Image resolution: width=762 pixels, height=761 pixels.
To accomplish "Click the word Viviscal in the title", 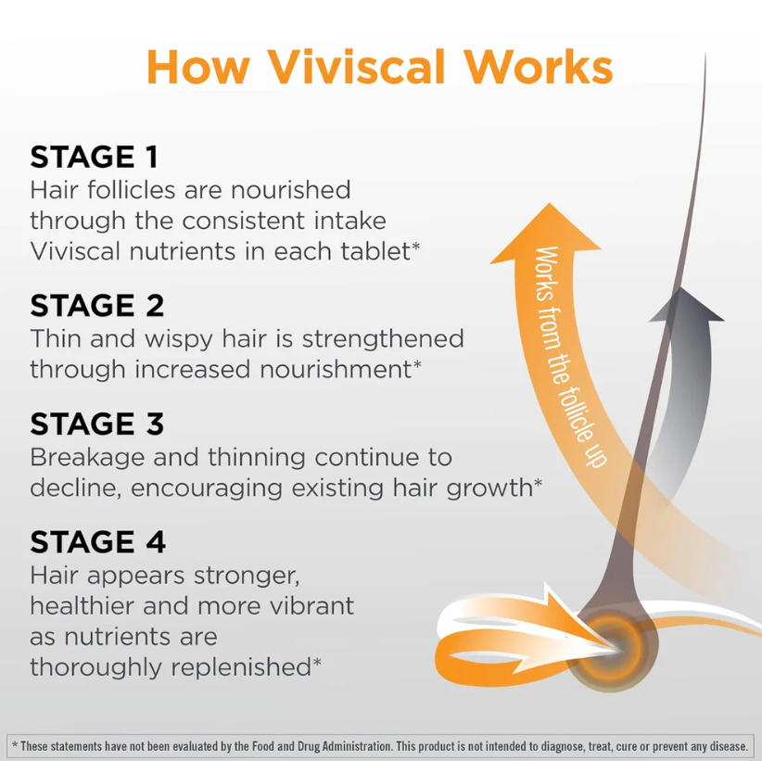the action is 356,67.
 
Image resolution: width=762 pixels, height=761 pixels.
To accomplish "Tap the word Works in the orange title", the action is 539,67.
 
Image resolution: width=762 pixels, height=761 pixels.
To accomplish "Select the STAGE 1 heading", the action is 95,157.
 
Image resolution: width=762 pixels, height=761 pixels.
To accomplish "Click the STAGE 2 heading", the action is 97,305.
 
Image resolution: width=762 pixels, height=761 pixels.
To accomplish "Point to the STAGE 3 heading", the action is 97,424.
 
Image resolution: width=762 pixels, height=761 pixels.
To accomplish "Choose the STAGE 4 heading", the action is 97,542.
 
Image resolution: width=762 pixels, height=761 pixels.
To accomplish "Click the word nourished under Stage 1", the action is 290,189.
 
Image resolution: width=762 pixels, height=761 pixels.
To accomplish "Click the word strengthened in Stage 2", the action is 383,338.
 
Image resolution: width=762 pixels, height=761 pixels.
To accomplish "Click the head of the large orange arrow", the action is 547,233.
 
